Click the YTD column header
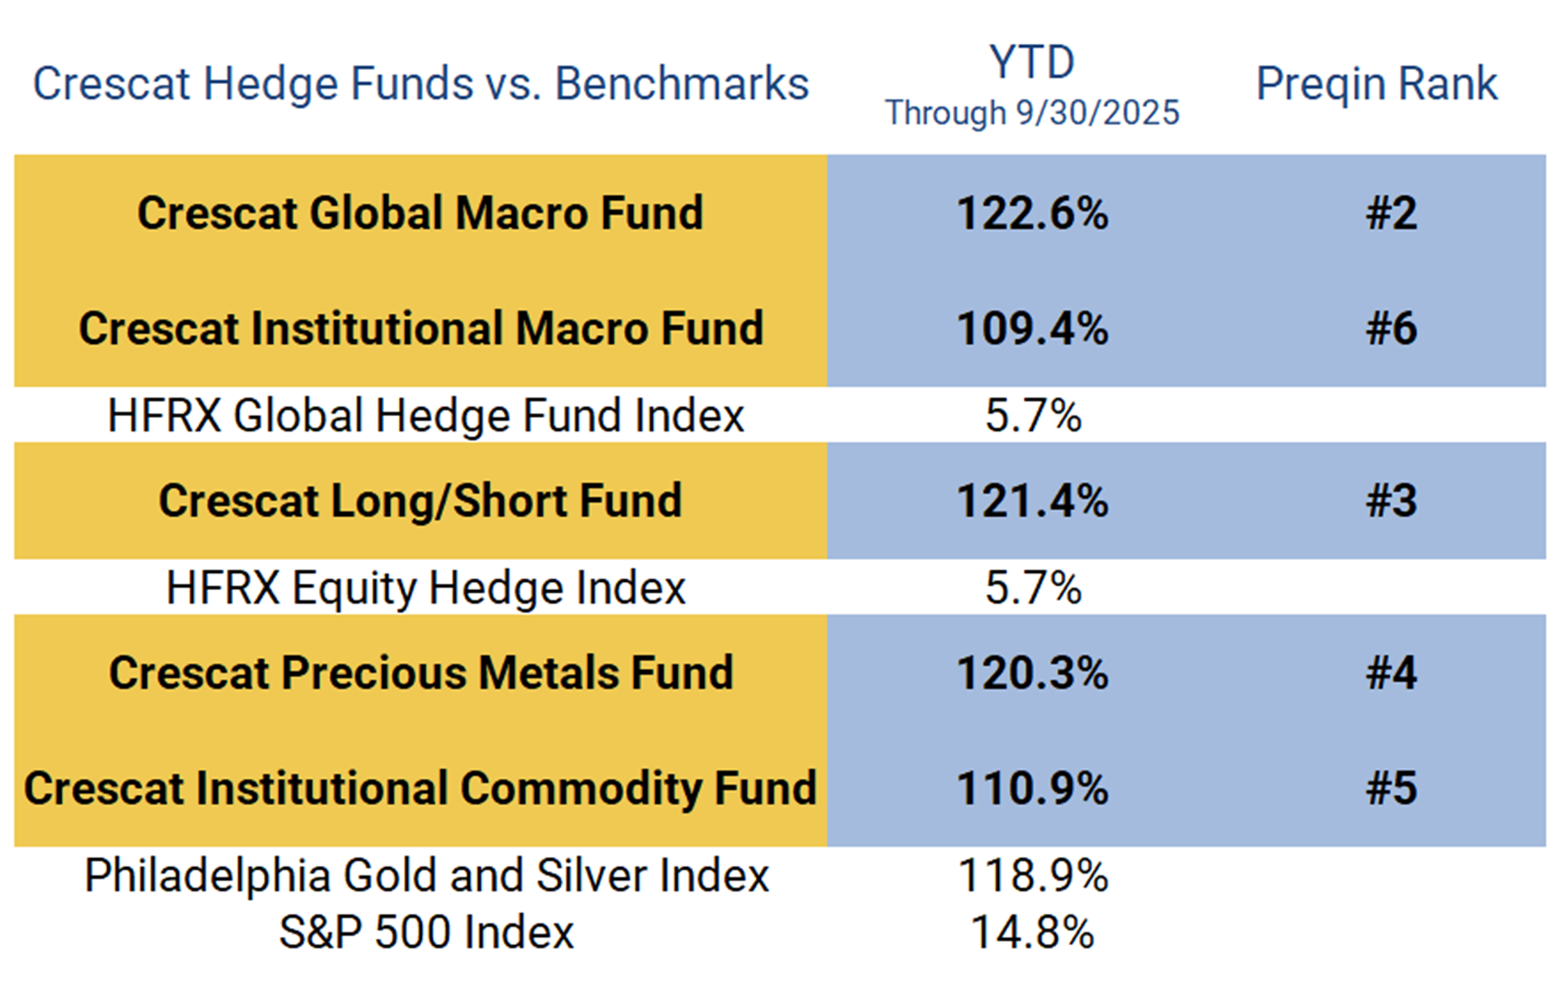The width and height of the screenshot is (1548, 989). (1032, 63)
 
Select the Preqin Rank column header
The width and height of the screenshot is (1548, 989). (1376, 84)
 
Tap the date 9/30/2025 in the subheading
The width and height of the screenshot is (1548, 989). (1097, 113)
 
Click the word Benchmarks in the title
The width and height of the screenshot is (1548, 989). (682, 84)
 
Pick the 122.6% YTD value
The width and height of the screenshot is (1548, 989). (1032, 213)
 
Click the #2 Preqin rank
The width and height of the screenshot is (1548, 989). (1391, 213)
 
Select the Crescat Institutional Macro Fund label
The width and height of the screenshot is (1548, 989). (420, 328)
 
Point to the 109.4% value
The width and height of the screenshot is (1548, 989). (1032, 328)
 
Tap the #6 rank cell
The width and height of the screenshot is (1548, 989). (1391, 328)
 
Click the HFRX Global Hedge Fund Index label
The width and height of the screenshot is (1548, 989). (425, 415)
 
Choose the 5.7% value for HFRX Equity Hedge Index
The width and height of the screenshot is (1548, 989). (1033, 588)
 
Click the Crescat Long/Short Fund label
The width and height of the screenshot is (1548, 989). (420, 501)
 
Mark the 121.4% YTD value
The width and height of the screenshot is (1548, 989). (1032, 501)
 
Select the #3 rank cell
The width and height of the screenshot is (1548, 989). (1391, 501)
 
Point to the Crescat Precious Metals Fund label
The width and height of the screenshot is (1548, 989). (420, 673)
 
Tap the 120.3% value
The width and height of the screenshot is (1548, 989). (1032, 673)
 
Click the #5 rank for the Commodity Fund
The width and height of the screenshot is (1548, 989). (1391, 788)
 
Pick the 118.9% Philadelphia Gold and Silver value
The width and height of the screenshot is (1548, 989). (1032, 875)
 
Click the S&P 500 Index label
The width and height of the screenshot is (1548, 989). (425, 933)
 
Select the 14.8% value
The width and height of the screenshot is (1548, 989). (1032, 933)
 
